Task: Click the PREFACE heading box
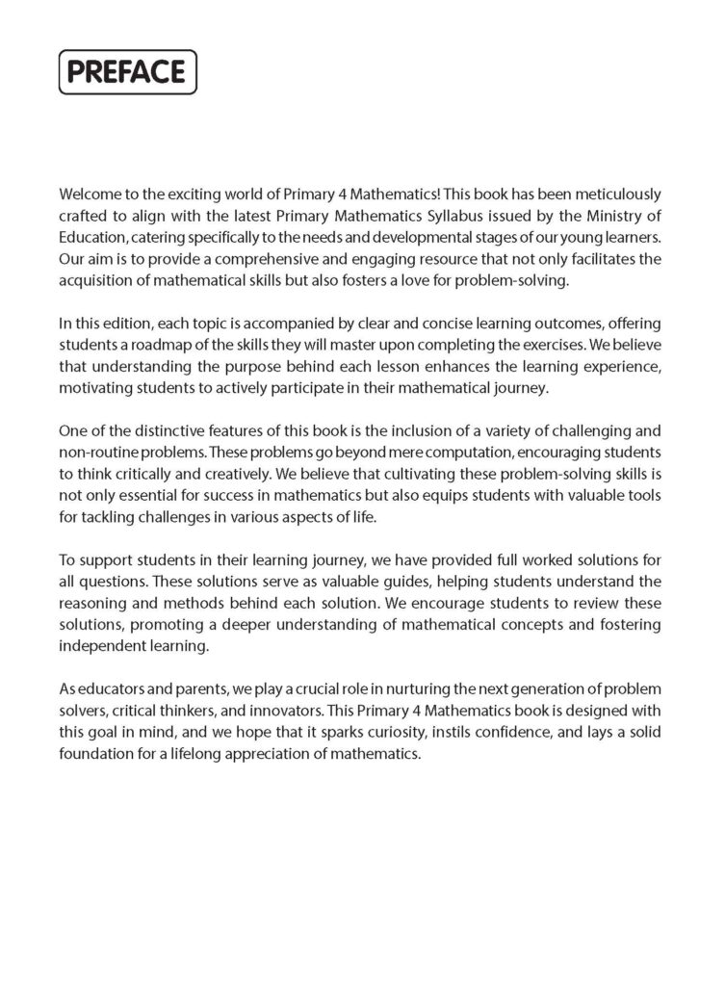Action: point(128,72)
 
